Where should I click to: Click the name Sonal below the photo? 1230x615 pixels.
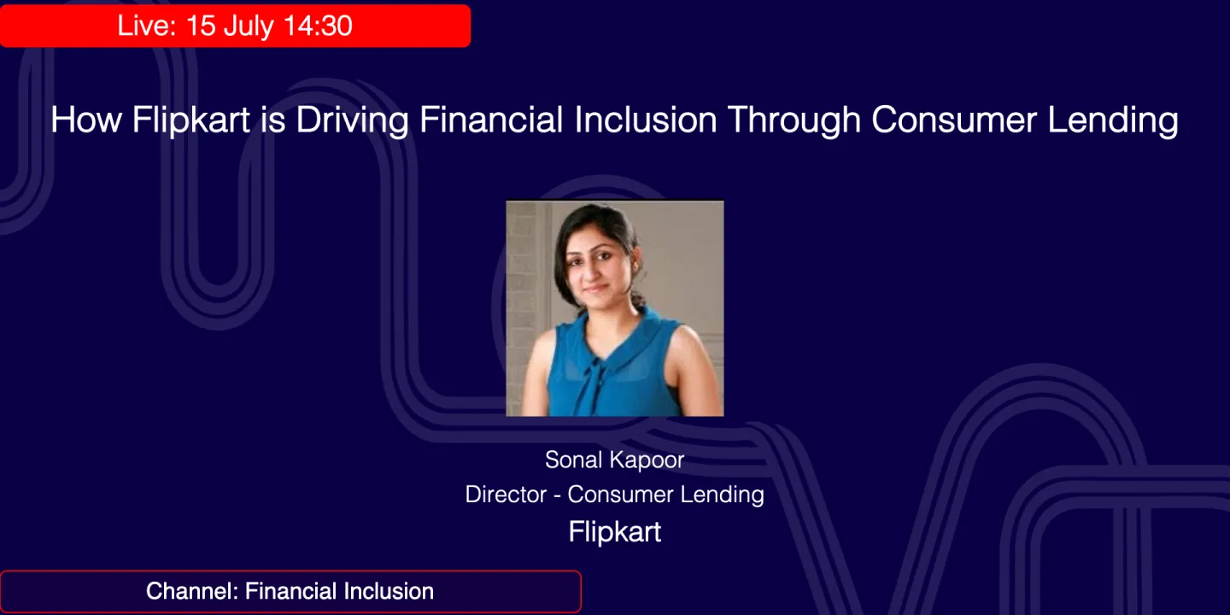573,460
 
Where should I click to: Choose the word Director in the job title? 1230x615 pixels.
506,494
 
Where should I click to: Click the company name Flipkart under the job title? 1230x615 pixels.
615,531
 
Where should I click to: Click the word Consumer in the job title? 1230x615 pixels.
618,494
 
